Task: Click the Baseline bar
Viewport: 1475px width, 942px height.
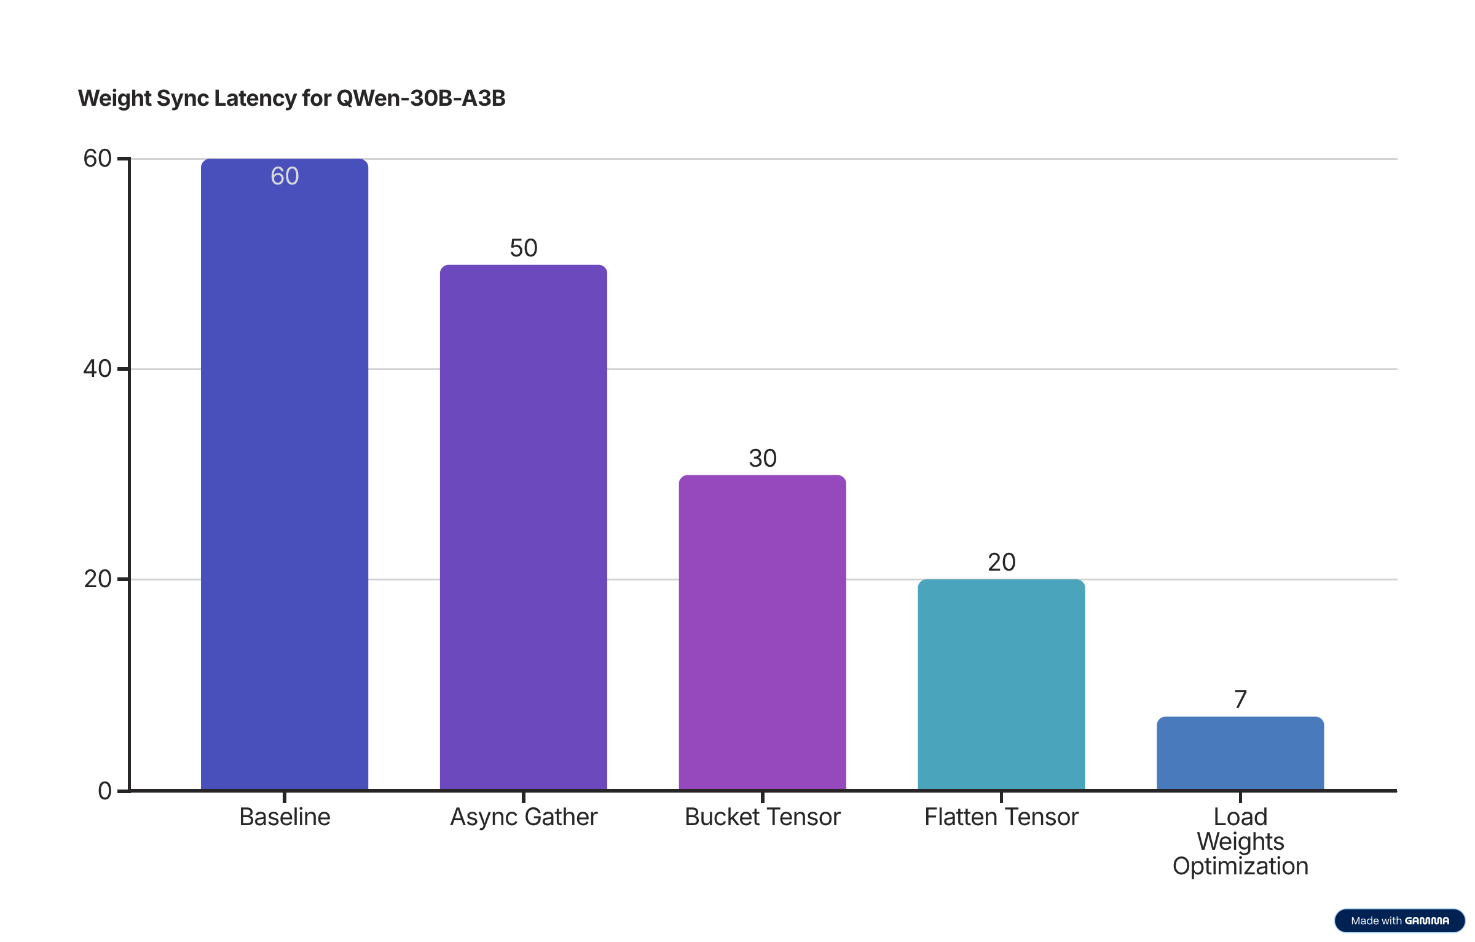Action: (x=285, y=473)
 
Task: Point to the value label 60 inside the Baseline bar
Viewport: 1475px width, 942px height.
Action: (x=285, y=176)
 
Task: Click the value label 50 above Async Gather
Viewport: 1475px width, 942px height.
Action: (x=523, y=248)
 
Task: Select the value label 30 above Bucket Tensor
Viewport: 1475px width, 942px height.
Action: (x=762, y=459)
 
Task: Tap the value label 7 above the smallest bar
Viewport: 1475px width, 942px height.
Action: (x=1240, y=699)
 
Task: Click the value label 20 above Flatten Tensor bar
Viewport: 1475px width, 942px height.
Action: (x=1001, y=563)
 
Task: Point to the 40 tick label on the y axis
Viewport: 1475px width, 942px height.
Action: (x=97, y=369)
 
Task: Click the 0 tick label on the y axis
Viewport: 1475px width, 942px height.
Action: (x=104, y=791)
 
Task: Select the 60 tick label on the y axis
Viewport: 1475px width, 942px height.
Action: (x=97, y=159)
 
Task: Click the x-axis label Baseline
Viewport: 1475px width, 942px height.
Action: (x=285, y=817)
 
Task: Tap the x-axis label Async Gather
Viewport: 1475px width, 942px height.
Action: (x=523, y=817)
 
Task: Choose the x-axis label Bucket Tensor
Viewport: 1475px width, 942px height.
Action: (x=762, y=817)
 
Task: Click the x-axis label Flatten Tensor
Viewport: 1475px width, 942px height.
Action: (x=1001, y=817)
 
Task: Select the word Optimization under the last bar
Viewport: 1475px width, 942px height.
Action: (x=1240, y=866)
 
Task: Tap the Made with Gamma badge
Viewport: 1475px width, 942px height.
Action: (x=1399, y=920)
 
